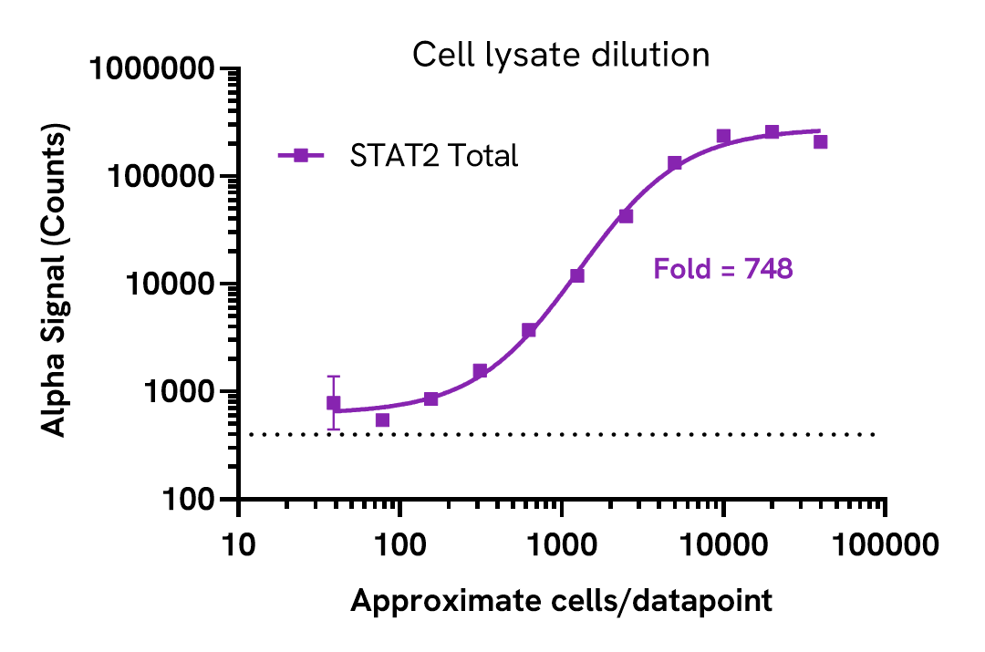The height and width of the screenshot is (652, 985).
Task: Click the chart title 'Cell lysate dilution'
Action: tap(561, 56)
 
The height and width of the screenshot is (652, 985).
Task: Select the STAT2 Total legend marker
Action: tap(300, 156)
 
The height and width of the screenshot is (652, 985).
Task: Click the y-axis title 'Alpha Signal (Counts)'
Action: tap(57, 283)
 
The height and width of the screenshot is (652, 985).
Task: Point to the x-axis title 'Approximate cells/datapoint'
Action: tap(561, 601)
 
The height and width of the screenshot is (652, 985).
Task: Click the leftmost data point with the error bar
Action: tap(334, 403)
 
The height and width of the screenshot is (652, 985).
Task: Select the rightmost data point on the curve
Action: tap(820, 141)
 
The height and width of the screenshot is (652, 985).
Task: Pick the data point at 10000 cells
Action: tap(723, 136)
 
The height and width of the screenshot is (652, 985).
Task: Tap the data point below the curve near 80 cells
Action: tap(383, 419)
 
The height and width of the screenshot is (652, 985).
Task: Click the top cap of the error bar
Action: tap(334, 376)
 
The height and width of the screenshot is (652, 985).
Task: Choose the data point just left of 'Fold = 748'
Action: tap(626, 216)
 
